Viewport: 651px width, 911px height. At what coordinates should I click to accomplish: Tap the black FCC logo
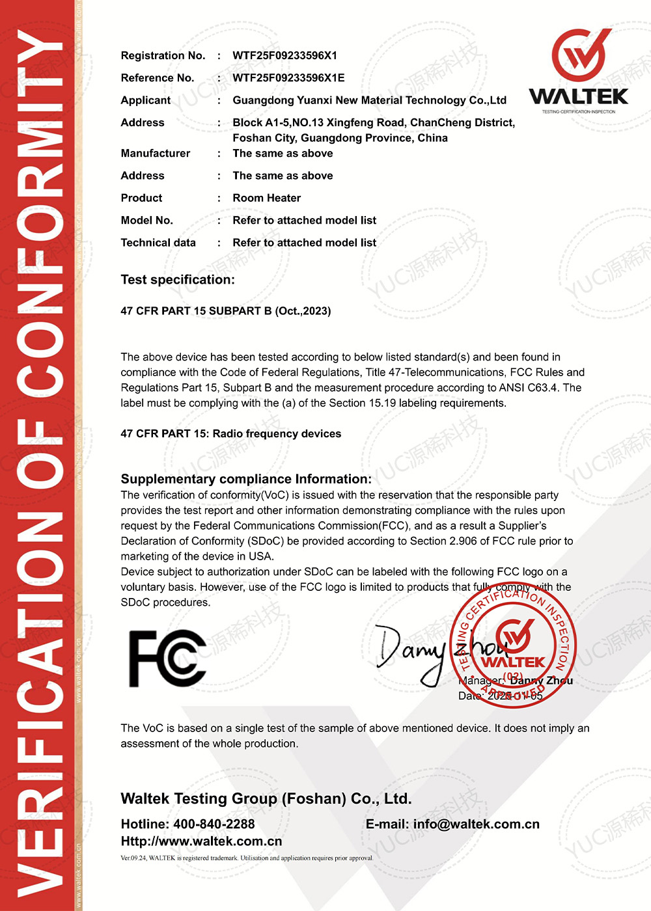point(167,658)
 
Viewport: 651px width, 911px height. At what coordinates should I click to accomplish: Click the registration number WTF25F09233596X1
point(284,55)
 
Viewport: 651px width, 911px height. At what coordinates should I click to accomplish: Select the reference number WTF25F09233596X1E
point(288,77)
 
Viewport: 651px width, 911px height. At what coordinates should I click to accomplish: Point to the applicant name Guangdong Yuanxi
point(369,100)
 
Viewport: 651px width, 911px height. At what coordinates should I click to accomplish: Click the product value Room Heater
point(266,198)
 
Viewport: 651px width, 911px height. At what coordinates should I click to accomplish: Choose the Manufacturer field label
point(156,153)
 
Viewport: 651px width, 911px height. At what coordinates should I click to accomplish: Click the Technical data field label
point(158,243)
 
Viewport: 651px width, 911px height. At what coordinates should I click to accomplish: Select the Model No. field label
point(146,220)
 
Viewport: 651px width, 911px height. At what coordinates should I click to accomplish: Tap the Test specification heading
point(178,280)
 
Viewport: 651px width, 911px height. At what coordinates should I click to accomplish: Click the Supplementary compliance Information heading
point(246,479)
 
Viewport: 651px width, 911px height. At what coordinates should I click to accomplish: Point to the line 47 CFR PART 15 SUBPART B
point(225,311)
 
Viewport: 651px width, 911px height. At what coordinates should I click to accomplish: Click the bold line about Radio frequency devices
point(230,433)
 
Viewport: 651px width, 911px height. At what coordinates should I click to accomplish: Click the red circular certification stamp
point(514,644)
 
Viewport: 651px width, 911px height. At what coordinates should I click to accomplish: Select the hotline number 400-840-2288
point(214,824)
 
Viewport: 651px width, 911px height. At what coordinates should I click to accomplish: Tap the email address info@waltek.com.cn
point(476,824)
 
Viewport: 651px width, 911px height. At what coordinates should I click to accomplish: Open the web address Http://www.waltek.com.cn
point(201,841)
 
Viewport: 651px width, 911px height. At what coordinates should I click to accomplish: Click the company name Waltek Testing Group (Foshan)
point(266,798)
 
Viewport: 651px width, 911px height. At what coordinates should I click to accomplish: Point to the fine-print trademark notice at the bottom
point(247,858)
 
